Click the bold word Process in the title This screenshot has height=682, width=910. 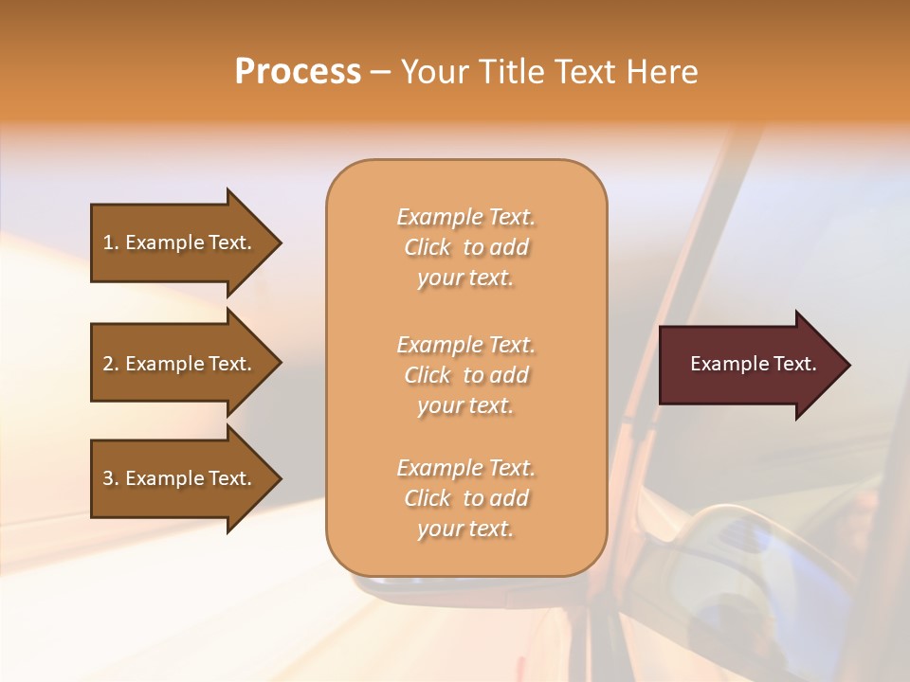click(x=298, y=72)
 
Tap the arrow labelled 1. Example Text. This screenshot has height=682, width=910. click(x=180, y=242)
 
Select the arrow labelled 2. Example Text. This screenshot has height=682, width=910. click(x=180, y=364)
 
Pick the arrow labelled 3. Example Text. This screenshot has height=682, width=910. click(x=180, y=478)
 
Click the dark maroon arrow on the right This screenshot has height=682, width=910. click(x=749, y=364)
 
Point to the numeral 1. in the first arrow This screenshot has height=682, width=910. click(x=111, y=242)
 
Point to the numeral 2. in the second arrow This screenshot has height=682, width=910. click(x=111, y=364)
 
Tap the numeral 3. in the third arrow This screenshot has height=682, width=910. click(x=111, y=478)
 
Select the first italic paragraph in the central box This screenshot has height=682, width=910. click(x=465, y=247)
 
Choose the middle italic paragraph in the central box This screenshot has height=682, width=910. click(x=465, y=375)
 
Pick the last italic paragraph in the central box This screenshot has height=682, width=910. click(x=465, y=498)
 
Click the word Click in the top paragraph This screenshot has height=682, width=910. click(x=428, y=247)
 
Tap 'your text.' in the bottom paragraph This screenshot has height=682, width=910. click(x=465, y=529)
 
